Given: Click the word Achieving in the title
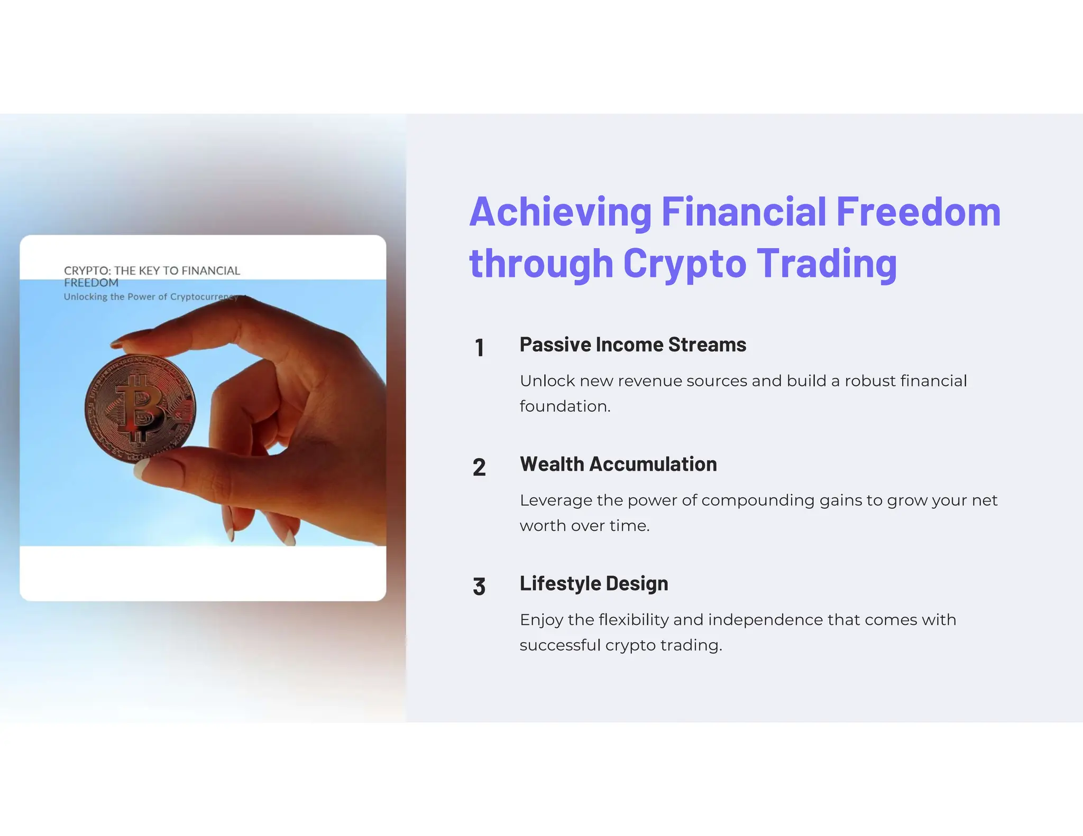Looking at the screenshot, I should pos(560,212).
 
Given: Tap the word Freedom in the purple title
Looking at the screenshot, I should pos(918,212).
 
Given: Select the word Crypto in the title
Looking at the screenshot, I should pos(684,263).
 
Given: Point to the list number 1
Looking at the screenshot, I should pos(479,348).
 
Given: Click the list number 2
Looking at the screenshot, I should pos(479,468).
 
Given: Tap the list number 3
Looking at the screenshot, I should pos(479,587).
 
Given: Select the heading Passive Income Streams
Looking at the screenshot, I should pos(632,345).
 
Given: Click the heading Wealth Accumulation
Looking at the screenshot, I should pos(618,464).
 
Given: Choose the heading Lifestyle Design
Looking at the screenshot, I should pos(593,583).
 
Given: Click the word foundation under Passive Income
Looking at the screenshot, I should pos(564,406).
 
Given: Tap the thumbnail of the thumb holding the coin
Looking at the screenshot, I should pos(144,468).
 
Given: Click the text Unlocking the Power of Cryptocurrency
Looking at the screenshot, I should pos(151,297).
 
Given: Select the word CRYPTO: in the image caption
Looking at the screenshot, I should pos(87,271).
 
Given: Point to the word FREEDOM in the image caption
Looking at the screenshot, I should pos(91,283).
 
